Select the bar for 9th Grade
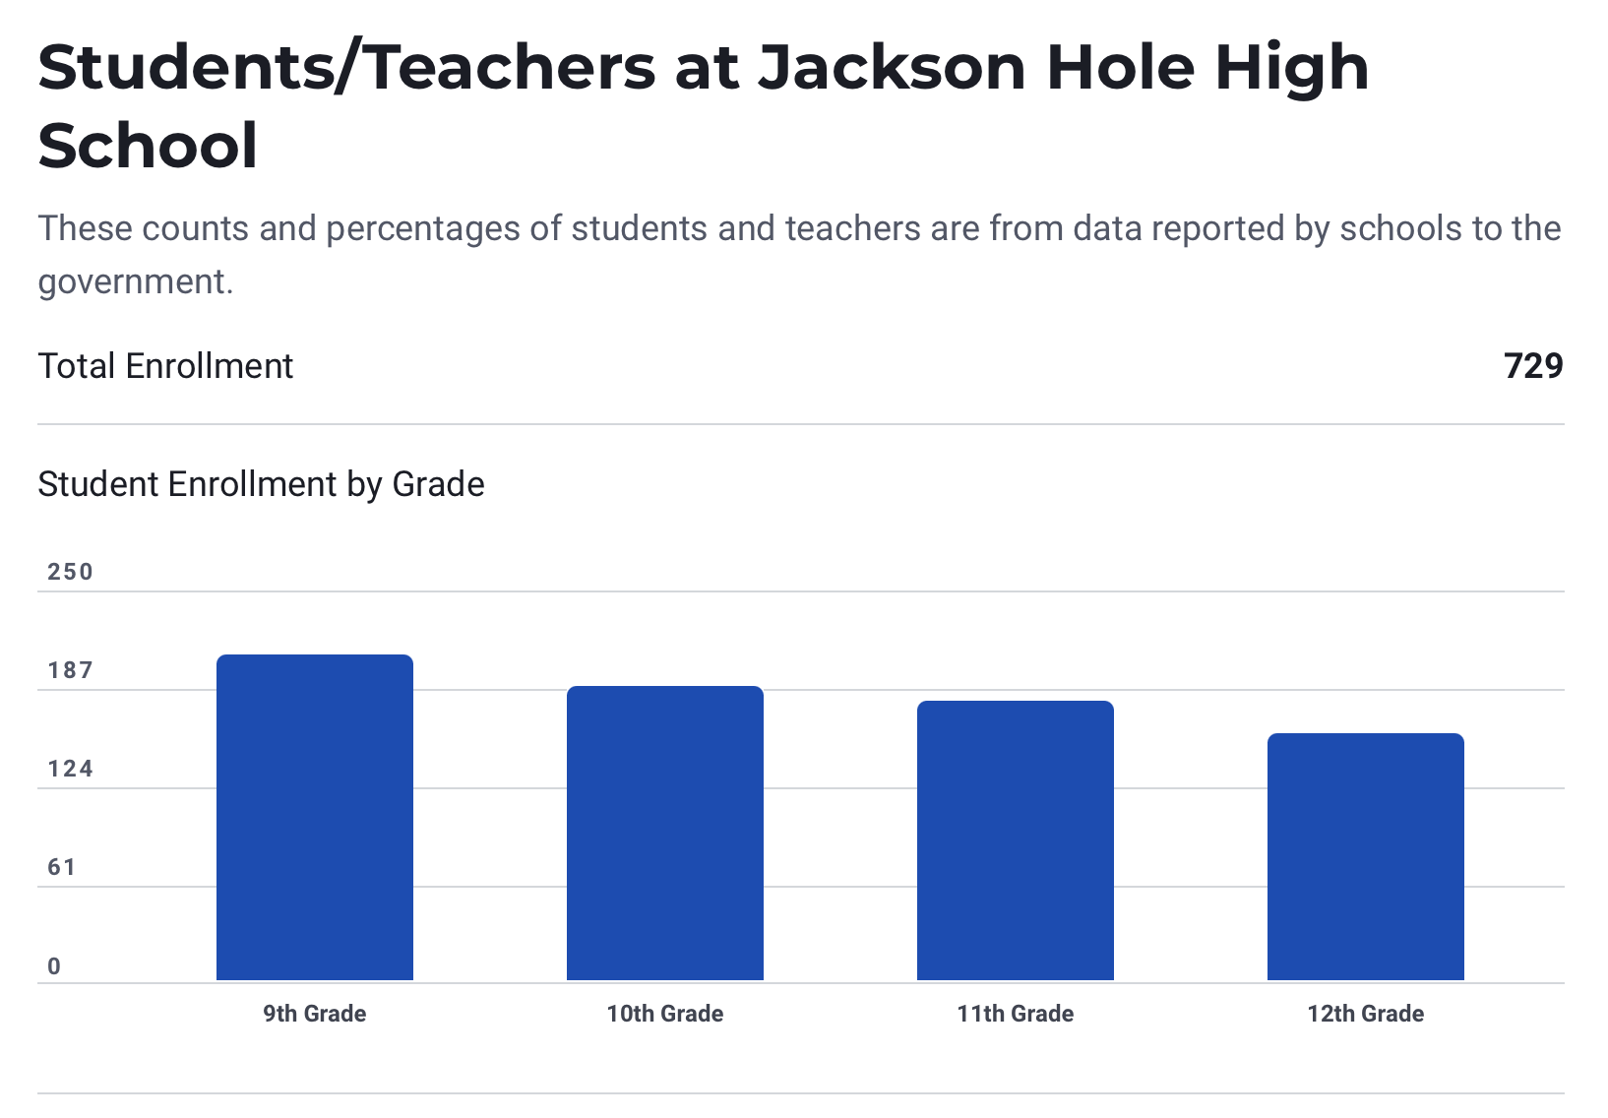(314, 817)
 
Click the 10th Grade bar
(664, 833)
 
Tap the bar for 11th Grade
(1015, 840)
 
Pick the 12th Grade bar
(1365, 856)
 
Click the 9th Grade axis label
(314, 1014)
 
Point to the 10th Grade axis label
(664, 1014)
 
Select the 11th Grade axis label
(1015, 1014)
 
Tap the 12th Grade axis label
(1365, 1014)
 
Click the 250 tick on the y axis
(70, 572)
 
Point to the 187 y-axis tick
(70, 670)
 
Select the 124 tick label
(70, 769)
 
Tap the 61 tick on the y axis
(62, 867)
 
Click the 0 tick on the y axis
(54, 966)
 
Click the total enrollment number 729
(1532, 366)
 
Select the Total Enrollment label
(165, 366)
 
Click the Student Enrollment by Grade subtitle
(261, 484)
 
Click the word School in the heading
(148, 146)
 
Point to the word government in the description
(135, 281)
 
